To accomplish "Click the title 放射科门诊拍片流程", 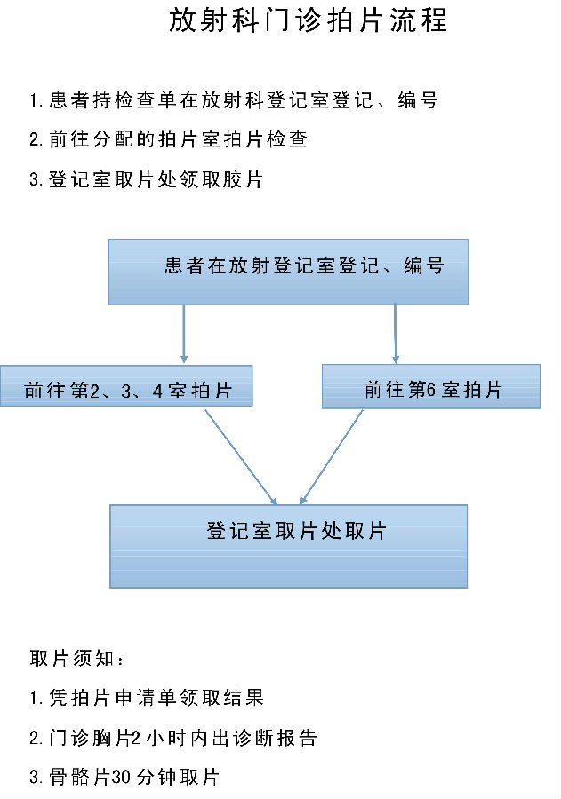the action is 309,20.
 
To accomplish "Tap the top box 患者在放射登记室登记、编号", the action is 288,273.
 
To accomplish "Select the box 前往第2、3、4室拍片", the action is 126,386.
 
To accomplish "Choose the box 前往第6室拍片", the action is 431,386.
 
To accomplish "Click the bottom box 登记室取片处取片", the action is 288,546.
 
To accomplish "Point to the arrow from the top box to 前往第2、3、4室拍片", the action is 184,334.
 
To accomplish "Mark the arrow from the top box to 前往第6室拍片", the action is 396,334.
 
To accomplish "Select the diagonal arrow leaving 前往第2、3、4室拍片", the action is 241,456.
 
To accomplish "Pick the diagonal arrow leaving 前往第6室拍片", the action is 331,456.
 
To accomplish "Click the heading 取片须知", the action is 76,659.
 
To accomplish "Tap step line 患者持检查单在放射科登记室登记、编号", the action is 234,99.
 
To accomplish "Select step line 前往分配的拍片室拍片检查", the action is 168,139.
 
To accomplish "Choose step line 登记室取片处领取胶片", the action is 146,179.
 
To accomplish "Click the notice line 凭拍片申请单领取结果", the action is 147,698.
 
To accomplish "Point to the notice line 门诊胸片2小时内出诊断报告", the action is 173,738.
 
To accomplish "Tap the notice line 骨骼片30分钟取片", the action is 124,777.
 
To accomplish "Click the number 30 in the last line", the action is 122,778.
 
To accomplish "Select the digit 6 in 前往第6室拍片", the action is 430,390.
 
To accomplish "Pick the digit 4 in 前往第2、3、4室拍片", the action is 157,391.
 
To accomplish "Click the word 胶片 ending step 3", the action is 243,179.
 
